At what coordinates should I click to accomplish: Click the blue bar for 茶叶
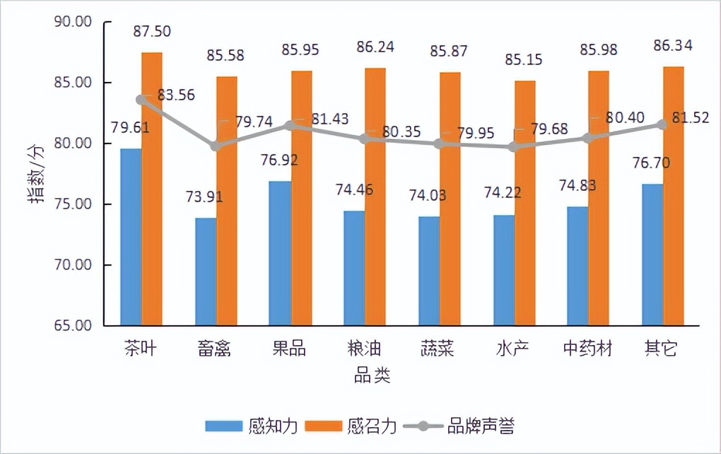(x=131, y=237)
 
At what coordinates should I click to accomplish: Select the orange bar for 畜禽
(x=227, y=202)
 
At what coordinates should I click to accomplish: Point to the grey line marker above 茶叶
(x=141, y=100)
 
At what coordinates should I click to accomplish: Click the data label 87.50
(x=151, y=31)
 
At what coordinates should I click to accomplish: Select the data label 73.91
(x=204, y=197)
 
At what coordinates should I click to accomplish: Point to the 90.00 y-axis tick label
(x=73, y=22)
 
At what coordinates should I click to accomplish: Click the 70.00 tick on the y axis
(x=73, y=265)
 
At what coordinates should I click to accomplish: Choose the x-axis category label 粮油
(x=364, y=349)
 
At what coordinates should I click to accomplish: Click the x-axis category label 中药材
(x=588, y=349)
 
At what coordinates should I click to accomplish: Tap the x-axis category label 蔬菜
(x=438, y=349)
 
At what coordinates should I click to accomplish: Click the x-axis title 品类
(x=372, y=376)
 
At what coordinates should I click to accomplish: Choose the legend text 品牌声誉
(x=481, y=426)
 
